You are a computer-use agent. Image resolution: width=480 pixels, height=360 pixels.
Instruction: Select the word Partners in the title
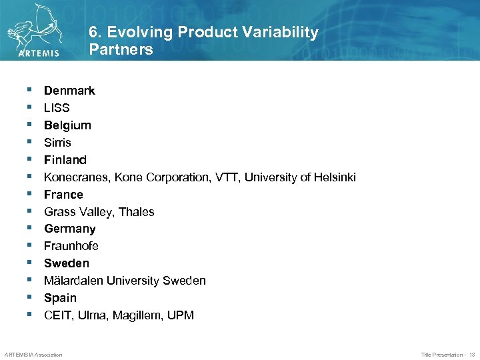tap(121, 49)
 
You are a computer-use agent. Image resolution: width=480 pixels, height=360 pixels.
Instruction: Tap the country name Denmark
tap(69, 91)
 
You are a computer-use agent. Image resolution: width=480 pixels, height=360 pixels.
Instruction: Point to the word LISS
tap(57, 108)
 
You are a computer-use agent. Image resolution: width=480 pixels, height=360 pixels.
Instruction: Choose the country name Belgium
tap(67, 125)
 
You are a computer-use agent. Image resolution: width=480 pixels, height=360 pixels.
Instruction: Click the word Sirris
tap(57, 143)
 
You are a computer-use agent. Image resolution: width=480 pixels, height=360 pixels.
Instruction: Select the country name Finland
tap(65, 160)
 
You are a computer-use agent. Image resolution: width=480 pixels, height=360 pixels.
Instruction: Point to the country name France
tap(63, 195)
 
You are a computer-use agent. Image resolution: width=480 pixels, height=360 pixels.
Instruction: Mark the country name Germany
tap(69, 229)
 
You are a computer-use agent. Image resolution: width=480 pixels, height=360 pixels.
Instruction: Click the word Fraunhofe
tap(71, 246)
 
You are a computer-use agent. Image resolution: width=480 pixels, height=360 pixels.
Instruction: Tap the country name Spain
tap(60, 298)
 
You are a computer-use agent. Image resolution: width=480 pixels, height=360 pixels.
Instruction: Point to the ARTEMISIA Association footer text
tap(33, 355)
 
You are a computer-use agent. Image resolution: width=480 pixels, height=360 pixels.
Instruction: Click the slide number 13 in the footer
tap(471, 355)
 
